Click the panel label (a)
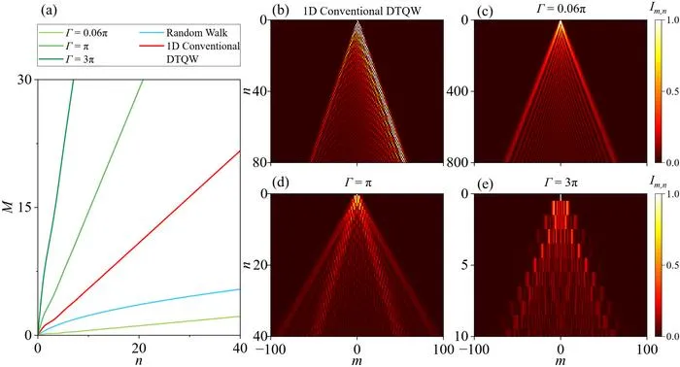tap(49, 11)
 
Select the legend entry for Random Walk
tap(184, 33)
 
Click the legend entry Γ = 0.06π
tap(73, 33)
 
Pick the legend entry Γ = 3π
tap(66, 59)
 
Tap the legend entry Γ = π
tap(64, 46)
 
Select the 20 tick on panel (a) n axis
tap(139, 348)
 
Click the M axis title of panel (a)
tap(9, 207)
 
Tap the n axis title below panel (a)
tap(139, 360)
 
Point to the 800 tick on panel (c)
tap(459, 162)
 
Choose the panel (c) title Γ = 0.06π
tap(561, 9)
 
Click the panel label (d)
tap(280, 183)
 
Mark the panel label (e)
tap(485, 183)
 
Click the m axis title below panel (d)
tap(357, 360)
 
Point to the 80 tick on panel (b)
tap(262, 162)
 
